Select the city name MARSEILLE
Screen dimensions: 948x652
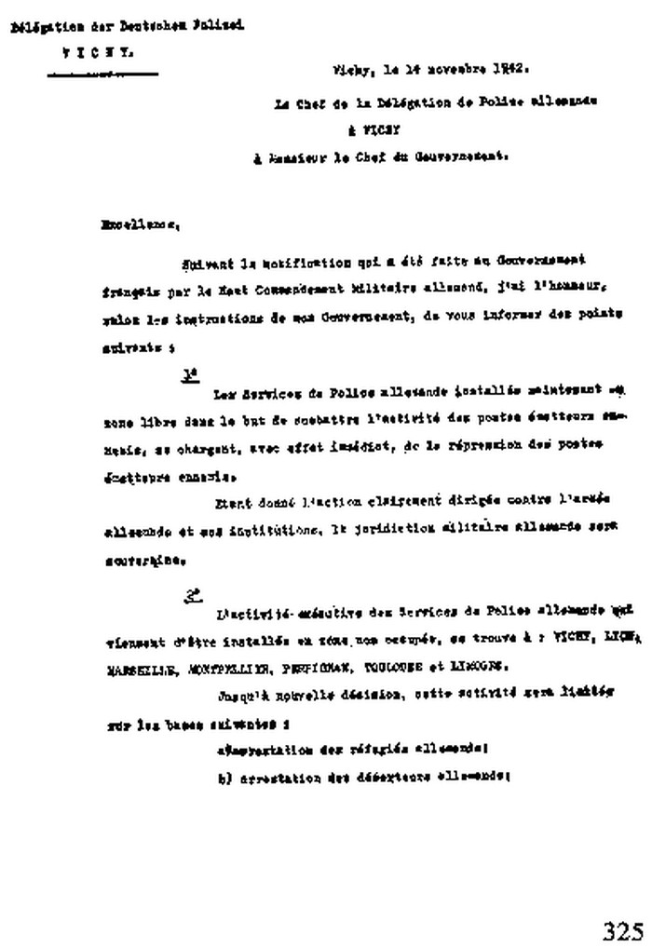(x=133, y=668)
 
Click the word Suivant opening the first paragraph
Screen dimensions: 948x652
(x=204, y=262)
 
